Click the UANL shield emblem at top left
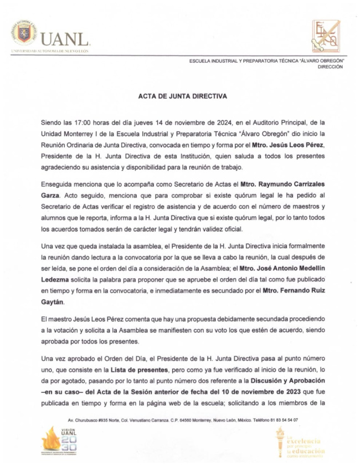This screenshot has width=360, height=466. pyautogui.click(x=25, y=34)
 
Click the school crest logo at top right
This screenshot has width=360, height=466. pyautogui.click(x=326, y=35)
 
